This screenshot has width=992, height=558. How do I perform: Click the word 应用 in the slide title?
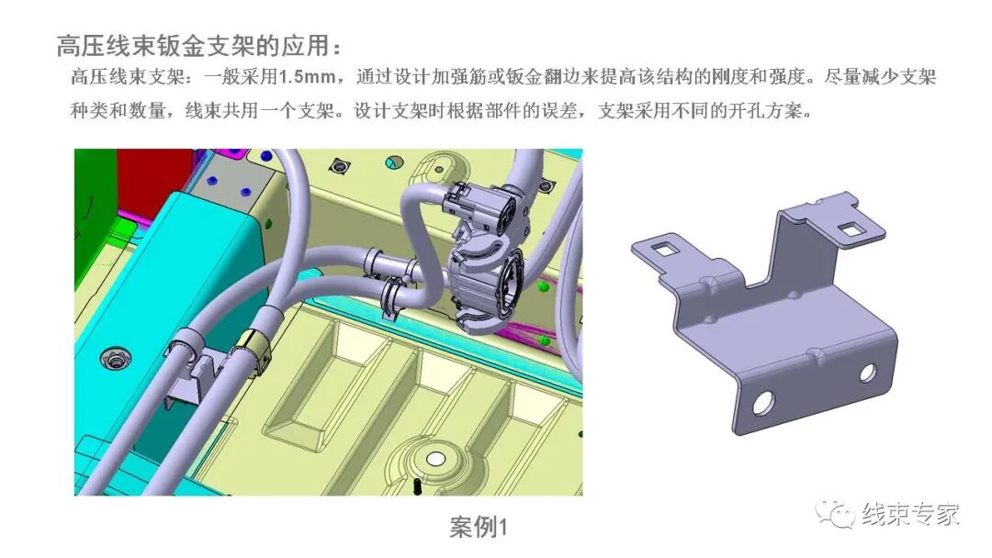click(304, 45)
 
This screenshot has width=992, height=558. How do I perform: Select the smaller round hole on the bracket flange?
click(866, 372)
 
